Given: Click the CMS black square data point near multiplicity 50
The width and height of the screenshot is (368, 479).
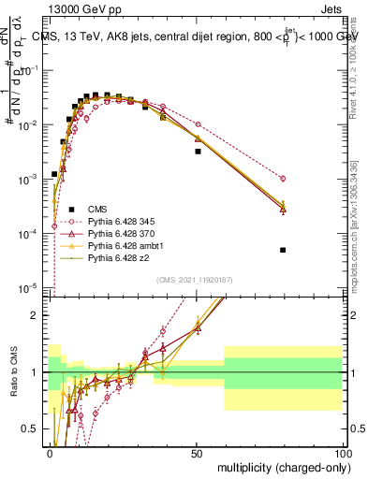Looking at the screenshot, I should pyautogui.click(x=198, y=151).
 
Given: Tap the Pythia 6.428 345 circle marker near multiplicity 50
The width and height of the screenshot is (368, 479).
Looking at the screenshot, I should pyautogui.click(x=198, y=124).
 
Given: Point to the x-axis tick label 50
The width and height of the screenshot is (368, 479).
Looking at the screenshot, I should pyautogui.click(x=198, y=452).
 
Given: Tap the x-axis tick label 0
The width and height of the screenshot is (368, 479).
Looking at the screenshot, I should pyautogui.click(x=51, y=452).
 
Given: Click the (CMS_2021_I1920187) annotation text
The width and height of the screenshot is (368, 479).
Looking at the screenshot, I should pyautogui.click(x=195, y=279).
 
